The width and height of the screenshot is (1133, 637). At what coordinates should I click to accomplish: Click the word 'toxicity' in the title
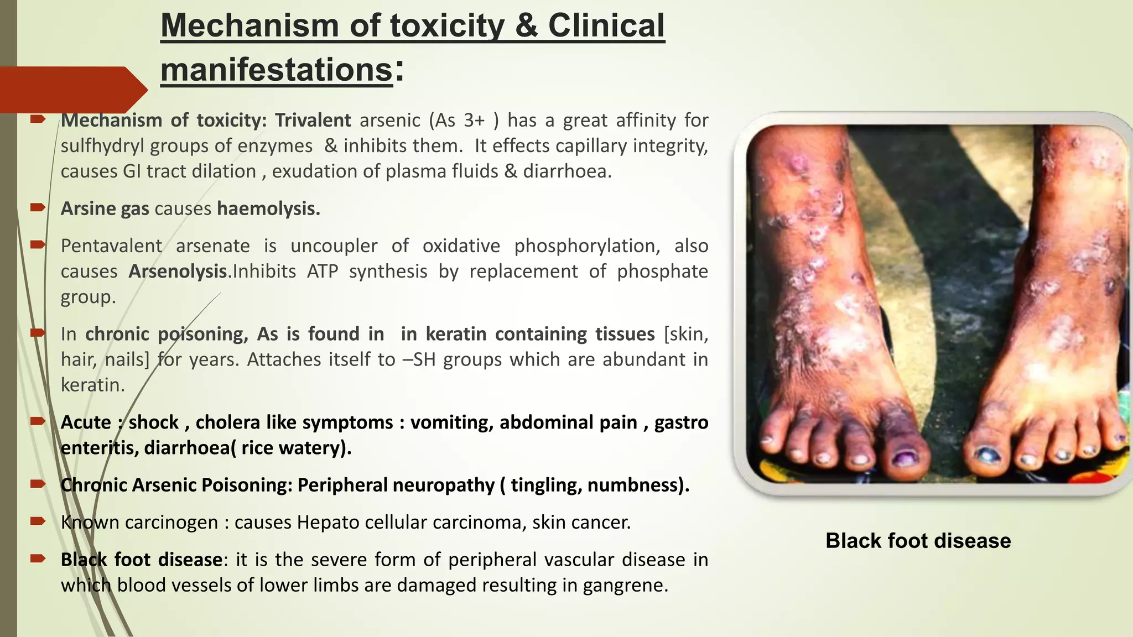447,26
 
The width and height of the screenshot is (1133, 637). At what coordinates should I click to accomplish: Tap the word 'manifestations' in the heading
276,70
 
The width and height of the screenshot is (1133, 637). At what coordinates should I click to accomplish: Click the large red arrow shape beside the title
72,90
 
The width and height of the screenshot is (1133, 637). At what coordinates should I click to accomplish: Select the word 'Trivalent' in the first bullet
313,120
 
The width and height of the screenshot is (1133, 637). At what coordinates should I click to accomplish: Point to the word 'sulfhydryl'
102,146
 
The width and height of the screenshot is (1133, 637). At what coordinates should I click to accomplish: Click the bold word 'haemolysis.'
268,209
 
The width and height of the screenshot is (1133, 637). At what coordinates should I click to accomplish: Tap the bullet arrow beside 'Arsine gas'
38,208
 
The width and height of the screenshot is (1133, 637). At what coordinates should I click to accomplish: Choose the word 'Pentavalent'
111,246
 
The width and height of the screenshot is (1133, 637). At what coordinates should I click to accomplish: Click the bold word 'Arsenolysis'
178,271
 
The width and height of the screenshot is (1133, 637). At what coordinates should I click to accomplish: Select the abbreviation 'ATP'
322,271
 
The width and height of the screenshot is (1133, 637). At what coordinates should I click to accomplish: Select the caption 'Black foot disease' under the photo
918,541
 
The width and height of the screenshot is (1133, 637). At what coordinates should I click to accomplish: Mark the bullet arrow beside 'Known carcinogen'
38,521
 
